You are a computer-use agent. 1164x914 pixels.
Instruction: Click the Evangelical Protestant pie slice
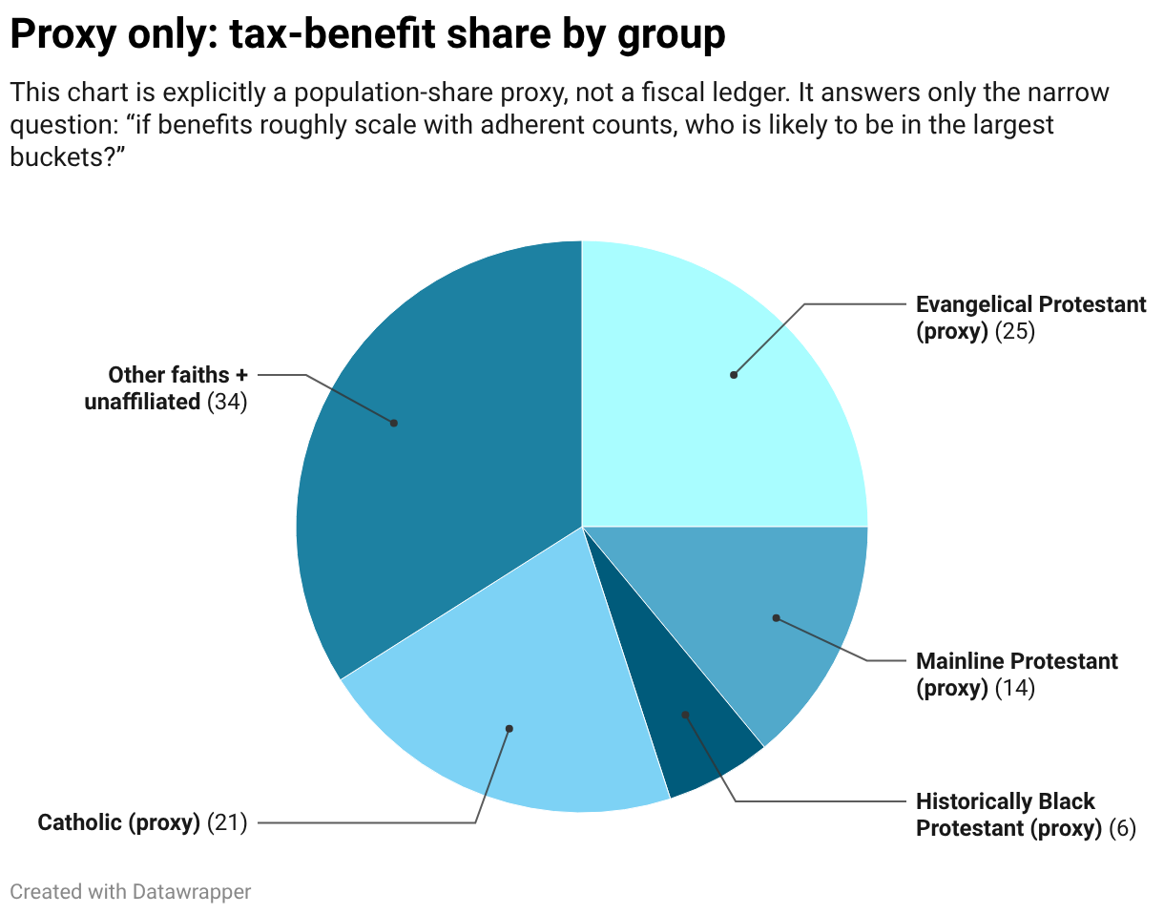[706, 401]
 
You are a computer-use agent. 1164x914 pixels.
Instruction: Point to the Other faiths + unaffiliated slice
[420, 439]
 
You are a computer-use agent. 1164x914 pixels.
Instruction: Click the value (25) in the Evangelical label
[1014, 332]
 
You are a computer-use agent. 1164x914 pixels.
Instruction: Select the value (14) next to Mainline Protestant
[1014, 688]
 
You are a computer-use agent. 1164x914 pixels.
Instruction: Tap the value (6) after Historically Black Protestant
[1122, 828]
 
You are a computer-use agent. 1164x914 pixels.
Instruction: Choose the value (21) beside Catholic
[227, 821]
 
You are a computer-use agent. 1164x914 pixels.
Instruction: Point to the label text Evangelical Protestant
[1030, 304]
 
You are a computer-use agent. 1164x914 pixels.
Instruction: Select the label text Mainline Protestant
[1016, 661]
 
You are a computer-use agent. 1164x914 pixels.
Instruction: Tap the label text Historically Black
[1005, 801]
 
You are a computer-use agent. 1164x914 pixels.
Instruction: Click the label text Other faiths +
[177, 375]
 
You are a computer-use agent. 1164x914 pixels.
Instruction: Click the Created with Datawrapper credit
[131, 892]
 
